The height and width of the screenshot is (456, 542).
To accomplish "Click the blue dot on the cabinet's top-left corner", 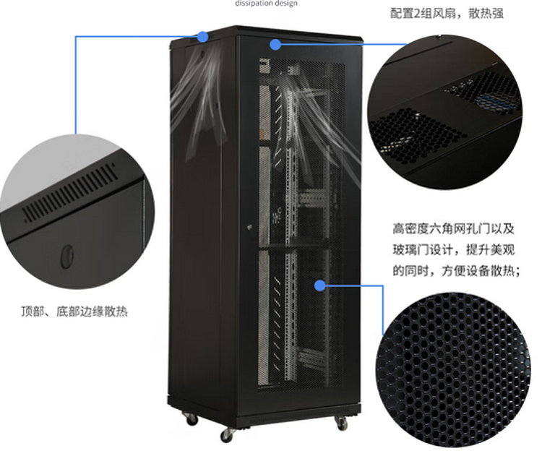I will [x=202, y=34].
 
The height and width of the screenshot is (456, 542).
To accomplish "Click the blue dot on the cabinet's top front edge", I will [x=275, y=43].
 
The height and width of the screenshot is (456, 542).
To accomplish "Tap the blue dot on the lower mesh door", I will [x=319, y=285].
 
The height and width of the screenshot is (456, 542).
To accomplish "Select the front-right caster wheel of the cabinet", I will [x=342, y=422].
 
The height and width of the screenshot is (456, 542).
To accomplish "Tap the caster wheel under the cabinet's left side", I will [x=191, y=417].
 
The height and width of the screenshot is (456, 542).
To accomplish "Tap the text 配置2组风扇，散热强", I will [x=446, y=14].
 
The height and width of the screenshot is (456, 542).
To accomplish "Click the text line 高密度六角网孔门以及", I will [x=453, y=230].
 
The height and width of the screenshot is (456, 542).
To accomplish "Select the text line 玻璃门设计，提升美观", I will [x=453, y=250].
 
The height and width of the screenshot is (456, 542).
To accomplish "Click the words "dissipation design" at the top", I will [x=265, y=3].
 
